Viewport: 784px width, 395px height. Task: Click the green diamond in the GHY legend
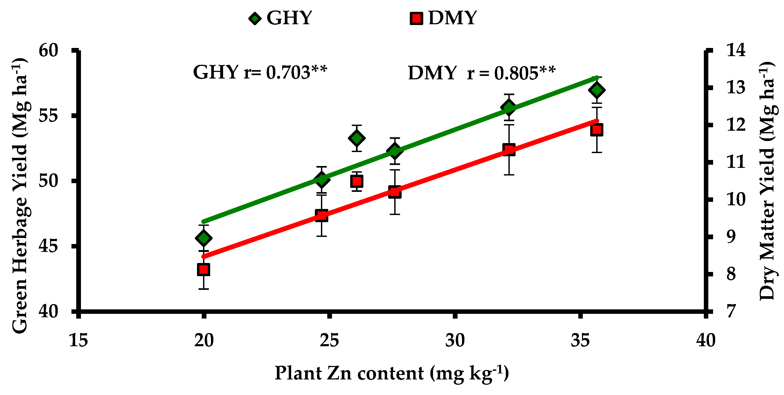255,18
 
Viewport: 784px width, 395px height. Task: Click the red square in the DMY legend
416,18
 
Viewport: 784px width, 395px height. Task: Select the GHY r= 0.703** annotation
260,72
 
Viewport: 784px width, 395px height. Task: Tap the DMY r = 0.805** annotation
482,73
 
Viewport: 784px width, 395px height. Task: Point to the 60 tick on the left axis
49,51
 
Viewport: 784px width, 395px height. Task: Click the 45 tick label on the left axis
49,246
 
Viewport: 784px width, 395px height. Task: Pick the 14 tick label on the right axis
736,50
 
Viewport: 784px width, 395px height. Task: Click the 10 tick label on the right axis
736,199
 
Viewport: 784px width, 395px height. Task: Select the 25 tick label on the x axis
329,340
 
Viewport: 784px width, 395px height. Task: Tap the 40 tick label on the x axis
705,340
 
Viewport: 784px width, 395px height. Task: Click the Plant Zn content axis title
392,373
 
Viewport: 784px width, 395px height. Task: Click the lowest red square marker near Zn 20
204,269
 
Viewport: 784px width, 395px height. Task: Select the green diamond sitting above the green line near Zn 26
357,138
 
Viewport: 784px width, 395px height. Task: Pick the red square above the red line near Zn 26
357,182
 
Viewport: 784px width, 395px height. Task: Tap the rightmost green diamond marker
597,90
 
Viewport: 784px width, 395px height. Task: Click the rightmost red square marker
597,130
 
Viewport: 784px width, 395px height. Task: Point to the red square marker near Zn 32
509,150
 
